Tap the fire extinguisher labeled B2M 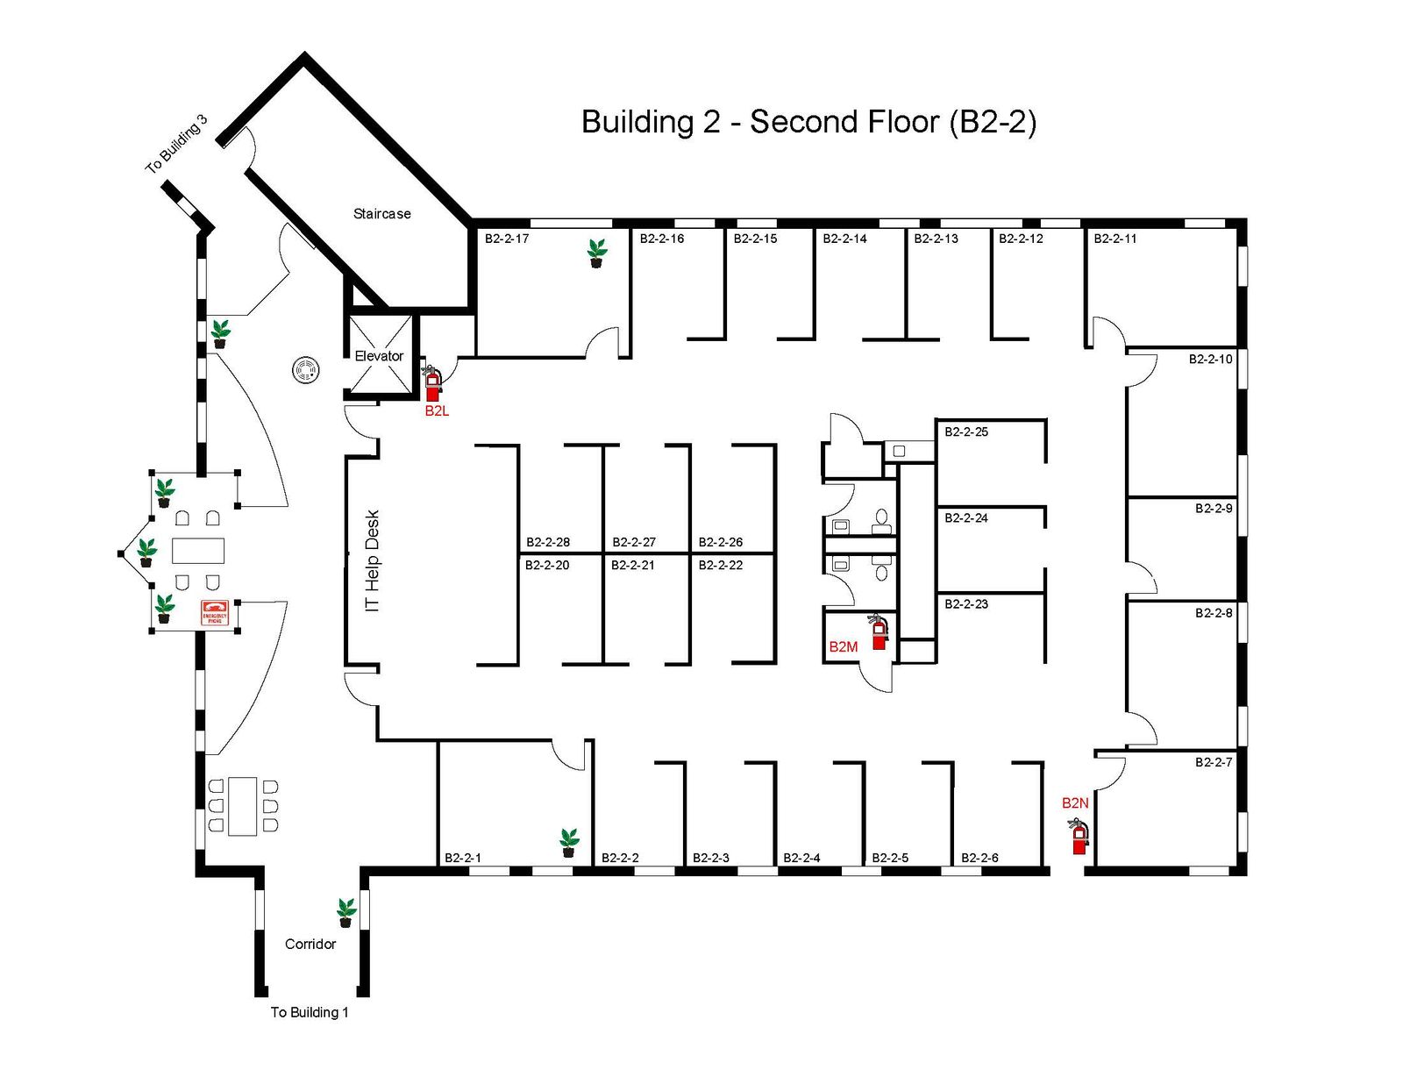click(x=879, y=632)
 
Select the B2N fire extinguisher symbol click(x=1079, y=836)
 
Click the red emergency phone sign click(x=214, y=613)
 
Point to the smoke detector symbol click(x=305, y=371)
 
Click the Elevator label click(x=379, y=356)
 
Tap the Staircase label click(x=381, y=214)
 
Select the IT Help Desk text click(x=373, y=561)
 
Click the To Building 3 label click(x=176, y=144)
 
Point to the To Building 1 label click(x=310, y=1012)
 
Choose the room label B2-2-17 click(x=507, y=239)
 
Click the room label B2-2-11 click(x=1115, y=239)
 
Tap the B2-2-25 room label click(x=966, y=431)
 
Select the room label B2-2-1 click(x=463, y=858)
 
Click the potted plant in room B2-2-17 click(x=596, y=253)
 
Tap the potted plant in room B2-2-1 click(x=569, y=843)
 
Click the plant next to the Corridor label click(x=346, y=913)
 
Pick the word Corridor click(x=310, y=944)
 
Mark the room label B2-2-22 click(x=721, y=565)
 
